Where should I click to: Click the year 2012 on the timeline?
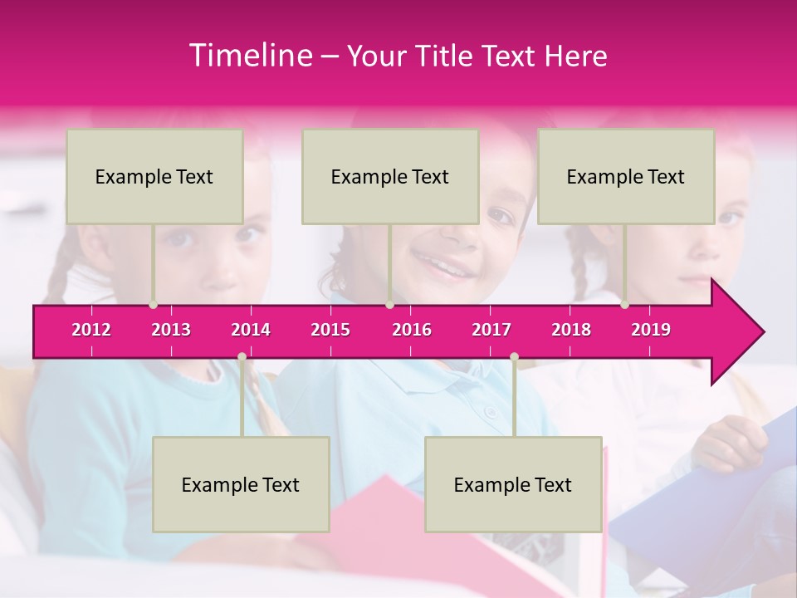click(91, 330)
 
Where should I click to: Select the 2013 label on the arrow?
click(171, 330)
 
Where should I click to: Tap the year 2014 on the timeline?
click(251, 330)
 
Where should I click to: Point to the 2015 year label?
click(330, 330)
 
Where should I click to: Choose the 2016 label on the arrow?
click(412, 330)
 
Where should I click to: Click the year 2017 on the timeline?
click(491, 330)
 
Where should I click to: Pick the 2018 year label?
click(571, 330)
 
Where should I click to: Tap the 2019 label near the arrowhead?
click(651, 330)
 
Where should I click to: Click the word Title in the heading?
click(444, 56)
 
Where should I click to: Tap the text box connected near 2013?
click(154, 176)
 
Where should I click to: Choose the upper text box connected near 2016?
click(390, 176)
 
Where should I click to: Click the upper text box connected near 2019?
click(626, 176)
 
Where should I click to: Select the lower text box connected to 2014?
click(241, 484)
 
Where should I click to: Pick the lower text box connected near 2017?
click(513, 484)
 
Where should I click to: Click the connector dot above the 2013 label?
click(153, 305)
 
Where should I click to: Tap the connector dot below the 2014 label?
click(242, 357)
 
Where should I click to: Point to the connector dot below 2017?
click(514, 357)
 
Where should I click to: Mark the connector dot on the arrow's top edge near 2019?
click(624, 305)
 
